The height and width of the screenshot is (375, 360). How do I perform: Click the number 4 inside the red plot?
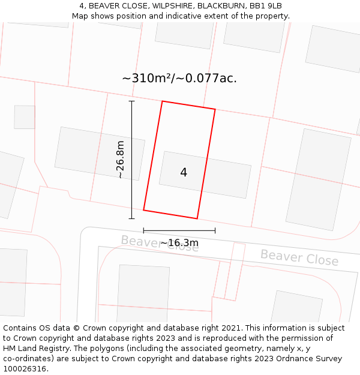point(184,173)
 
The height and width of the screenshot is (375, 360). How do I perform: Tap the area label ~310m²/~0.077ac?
point(179,79)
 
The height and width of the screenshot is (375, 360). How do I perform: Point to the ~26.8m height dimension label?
point(120,160)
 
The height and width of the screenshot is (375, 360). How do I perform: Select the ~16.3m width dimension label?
point(179,243)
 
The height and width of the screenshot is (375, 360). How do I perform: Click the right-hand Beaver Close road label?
point(299,257)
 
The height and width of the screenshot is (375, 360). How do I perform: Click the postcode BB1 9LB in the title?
point(266,5)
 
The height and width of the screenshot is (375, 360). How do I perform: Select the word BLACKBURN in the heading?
point(223,5)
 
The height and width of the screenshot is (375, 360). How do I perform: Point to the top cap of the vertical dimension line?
point(132,101)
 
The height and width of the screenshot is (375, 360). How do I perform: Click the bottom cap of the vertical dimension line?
point(132,218)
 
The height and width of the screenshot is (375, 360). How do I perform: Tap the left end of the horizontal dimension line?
point(143,230)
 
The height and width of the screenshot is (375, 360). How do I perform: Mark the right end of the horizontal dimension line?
point(215,230)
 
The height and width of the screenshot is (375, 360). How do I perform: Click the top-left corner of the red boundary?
point(162,101)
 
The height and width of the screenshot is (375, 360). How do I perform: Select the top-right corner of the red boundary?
point(215,109)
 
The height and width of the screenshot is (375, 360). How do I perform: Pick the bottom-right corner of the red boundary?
point(197,218)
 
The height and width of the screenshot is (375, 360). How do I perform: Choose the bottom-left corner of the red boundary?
point(143,210)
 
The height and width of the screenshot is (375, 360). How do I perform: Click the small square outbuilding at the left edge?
point(25,117)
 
